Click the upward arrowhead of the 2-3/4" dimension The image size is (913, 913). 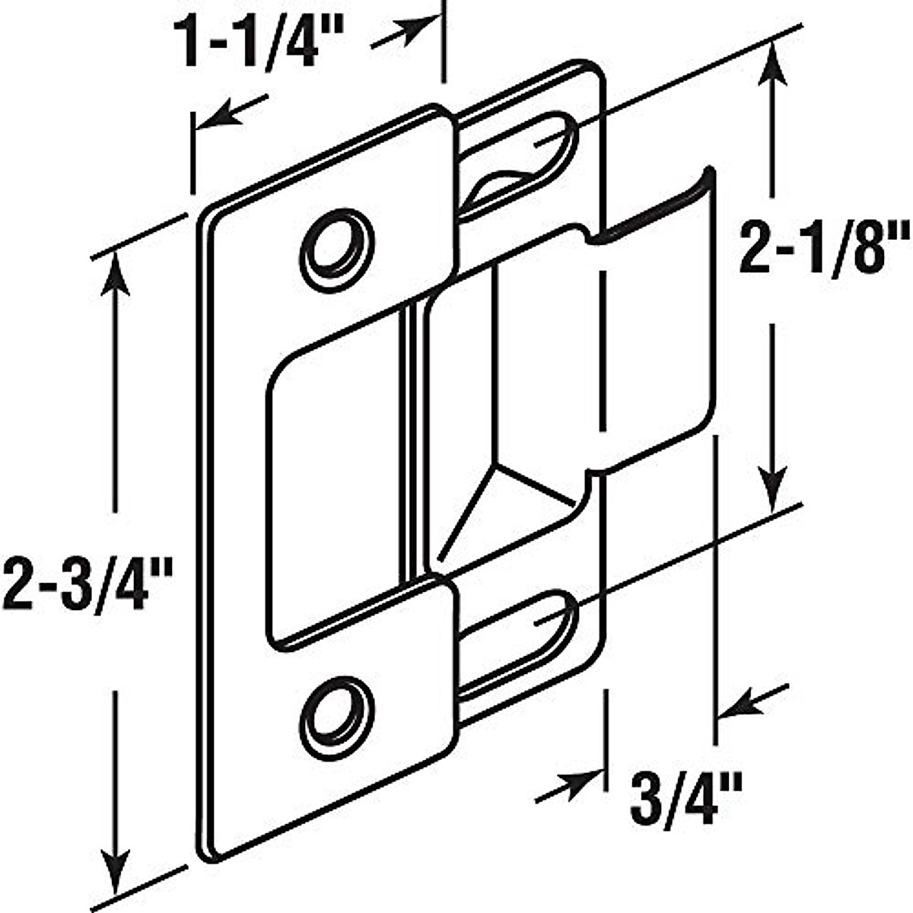(x=114, y=270)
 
